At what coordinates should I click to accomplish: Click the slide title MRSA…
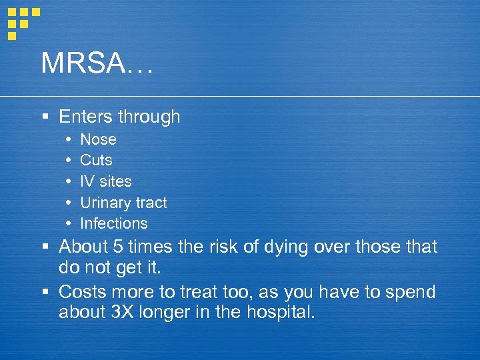(97, 63)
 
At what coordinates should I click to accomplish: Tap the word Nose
(98, 139)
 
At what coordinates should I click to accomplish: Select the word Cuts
(96, 160)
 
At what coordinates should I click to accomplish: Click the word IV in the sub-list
(87, 181)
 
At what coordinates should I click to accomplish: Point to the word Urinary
(104, 203)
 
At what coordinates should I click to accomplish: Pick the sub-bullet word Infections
(114, 223)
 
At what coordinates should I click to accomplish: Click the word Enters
(85, 117)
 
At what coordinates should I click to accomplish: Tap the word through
(149, 117)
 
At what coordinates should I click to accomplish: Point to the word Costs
(82, 292)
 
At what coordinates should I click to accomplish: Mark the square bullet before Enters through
(45, 117)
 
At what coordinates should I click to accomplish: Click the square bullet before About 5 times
(45, 247)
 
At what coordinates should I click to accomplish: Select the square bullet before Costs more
(45, 293)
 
